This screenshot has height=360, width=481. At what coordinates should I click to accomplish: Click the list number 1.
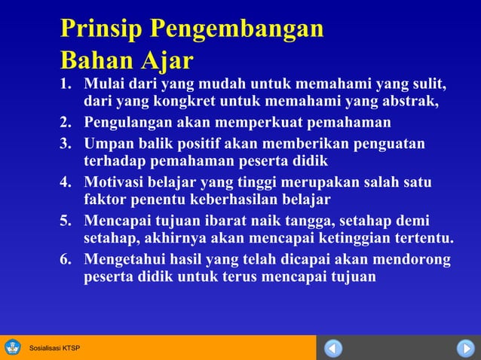pos(66,83)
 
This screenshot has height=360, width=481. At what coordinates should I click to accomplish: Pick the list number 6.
pos(66,261)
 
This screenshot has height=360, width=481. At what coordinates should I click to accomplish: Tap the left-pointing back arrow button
pos(333,348)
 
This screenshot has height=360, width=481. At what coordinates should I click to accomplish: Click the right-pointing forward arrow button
pos(464,348)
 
